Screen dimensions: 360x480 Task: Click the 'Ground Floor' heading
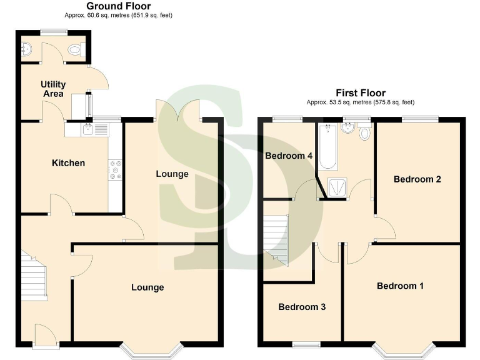coord(118,6)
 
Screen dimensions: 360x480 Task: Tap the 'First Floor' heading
coord(360,93)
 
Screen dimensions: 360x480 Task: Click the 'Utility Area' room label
coord(53,89)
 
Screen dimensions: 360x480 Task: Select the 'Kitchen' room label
coord(68,163)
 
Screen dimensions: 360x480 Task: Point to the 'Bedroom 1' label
coord(400,286)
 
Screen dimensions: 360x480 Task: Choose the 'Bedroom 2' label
coord(417,179)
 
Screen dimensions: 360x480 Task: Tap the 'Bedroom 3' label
coord(302,307)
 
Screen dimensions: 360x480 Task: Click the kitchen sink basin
coord(88,130)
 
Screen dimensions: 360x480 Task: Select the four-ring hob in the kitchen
coord(116,170)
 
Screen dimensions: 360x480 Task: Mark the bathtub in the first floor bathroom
coord(328,147)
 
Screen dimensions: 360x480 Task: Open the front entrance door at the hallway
coord(46,336)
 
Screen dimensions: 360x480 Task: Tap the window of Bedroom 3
coord(306,344)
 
